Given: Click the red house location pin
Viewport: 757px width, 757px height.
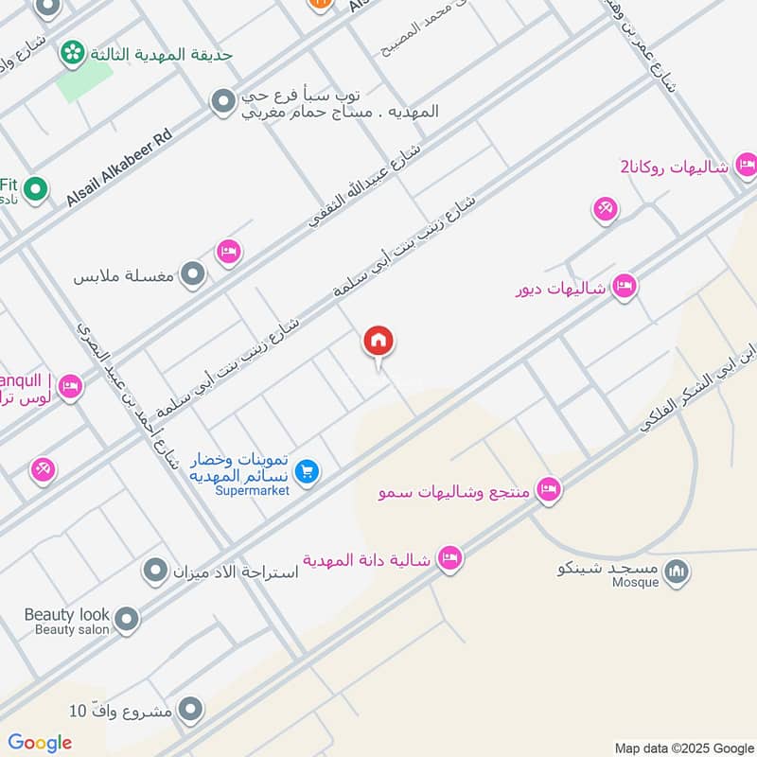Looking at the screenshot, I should pos(378,342).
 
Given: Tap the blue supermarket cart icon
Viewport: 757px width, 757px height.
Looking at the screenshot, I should pos(306,470).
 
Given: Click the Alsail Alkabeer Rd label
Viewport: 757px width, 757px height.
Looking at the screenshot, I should pos(119,167).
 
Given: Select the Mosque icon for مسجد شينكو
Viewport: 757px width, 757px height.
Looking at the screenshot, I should pos(676,572).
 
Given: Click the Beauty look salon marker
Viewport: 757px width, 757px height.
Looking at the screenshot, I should pos(126,621).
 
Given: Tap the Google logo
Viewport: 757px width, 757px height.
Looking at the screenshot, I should pos(40,743).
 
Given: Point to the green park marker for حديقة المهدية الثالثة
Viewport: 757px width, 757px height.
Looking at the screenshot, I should pos(70,54).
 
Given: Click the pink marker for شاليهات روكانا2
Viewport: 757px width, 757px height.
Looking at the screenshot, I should pos(746,166).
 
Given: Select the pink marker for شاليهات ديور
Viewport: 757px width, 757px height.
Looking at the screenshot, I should pos(624,286).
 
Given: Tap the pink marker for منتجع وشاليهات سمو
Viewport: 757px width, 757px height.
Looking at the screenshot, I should pos(547,490).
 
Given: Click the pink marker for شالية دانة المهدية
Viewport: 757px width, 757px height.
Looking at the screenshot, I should pos(449,559).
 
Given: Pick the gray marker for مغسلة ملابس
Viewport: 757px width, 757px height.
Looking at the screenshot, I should pos(193,275).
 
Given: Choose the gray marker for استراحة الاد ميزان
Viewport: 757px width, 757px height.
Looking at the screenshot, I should pos(154,571).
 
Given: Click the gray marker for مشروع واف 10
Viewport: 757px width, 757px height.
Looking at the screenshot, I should pos(190,709).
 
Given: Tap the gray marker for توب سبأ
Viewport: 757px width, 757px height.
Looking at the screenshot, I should pos(222,101).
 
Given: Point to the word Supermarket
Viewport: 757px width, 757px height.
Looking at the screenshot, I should pos(252,490).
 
